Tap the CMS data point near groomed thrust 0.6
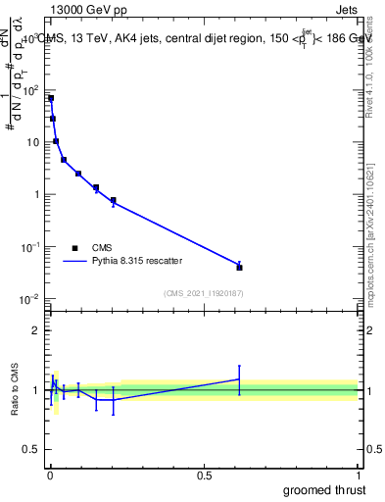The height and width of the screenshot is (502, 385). click(x=239, y=267)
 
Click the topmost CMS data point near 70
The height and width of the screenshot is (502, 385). click(x=51, y=98)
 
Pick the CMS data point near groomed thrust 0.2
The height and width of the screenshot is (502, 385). click(x=114, y=200)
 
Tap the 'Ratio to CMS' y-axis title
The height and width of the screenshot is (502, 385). click(x=16, y=390)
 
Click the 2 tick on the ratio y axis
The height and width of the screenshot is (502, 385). click(x=36, y=330)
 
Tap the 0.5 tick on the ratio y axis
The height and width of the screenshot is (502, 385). click(x=30, y=451)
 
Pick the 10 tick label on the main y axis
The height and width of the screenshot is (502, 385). click(x=32, y=142)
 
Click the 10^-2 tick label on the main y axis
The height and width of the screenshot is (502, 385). click(x=30, y=299)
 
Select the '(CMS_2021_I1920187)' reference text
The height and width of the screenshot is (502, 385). click(x=204, y=292)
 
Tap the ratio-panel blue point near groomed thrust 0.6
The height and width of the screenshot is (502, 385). click(x=239, y=378)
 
